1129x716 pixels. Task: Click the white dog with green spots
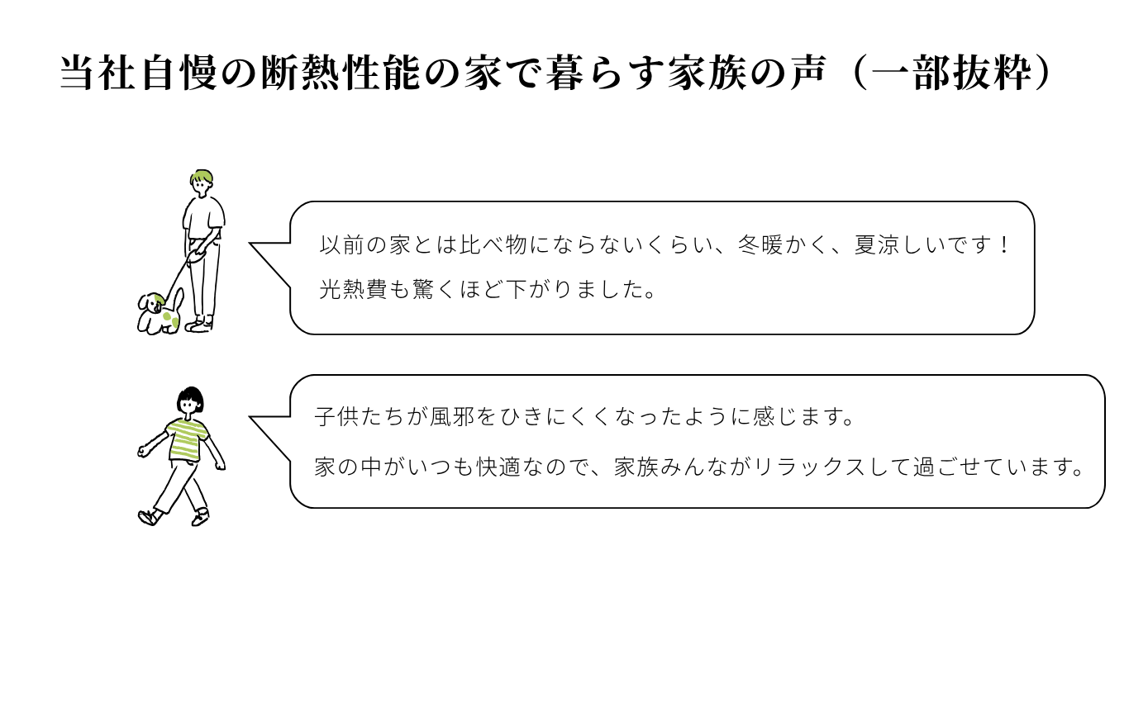(159, 314)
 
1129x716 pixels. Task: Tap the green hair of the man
(201, 176)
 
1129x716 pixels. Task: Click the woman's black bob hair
(190, 397)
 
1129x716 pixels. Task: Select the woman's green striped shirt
(185, 439)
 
